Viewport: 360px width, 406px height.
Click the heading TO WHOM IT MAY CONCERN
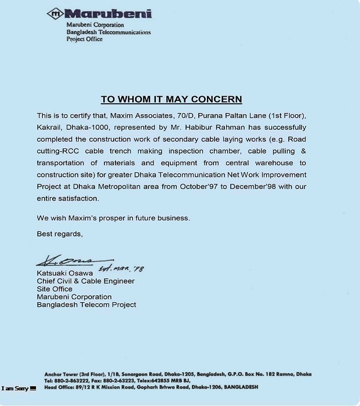pos(171,99)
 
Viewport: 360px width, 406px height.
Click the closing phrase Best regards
pos(60,234)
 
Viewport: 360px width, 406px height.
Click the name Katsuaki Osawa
pos(65,273)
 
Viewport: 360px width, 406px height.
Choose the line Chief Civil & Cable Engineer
pos(85,281)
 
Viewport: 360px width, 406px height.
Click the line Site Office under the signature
pos(54,289)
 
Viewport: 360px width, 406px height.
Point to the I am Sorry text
pos(15,388)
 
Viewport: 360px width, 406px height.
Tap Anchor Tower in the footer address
pos(60,374)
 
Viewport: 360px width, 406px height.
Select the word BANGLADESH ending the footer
pos(237,387)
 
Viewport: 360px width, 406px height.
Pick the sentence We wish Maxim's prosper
pos(113,218)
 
